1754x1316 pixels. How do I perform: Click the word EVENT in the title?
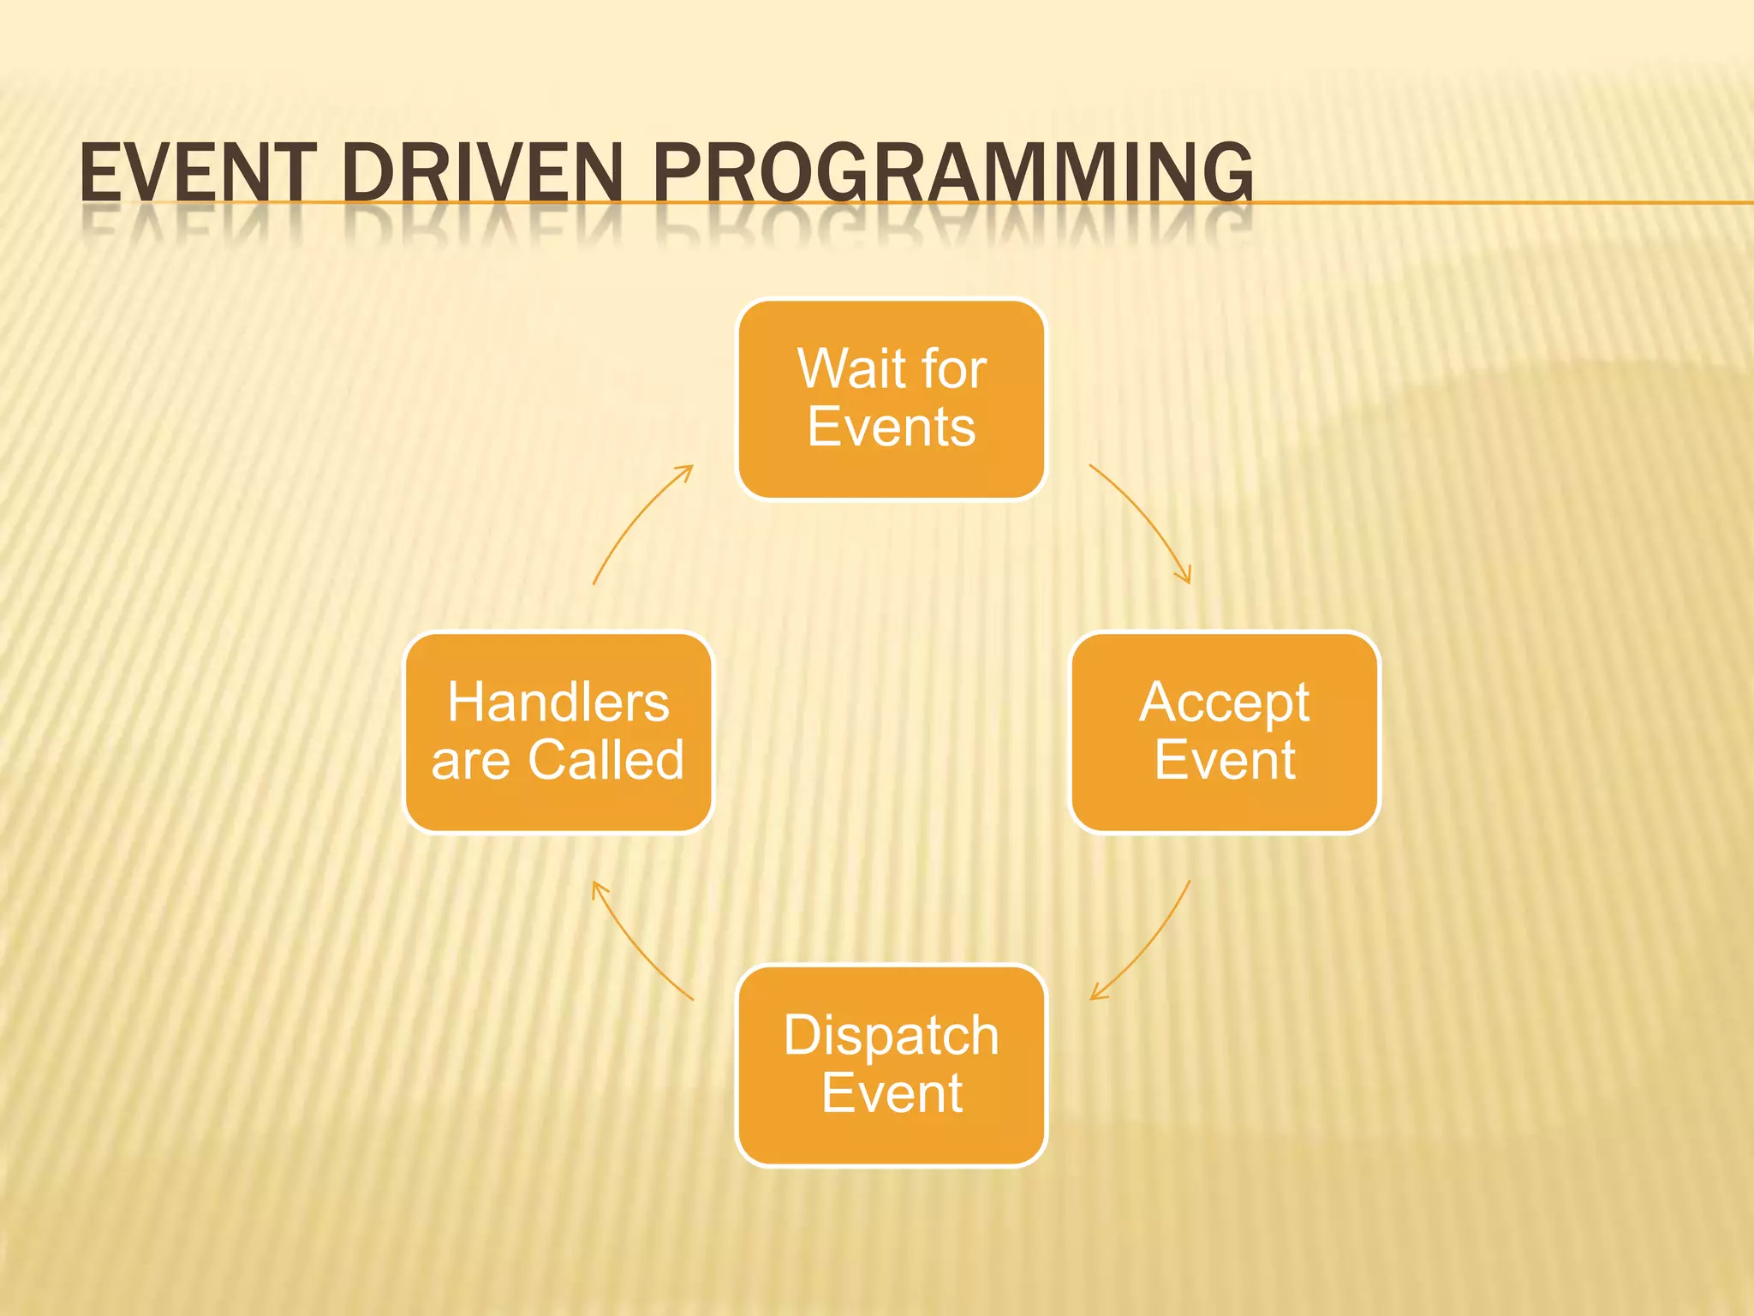197,174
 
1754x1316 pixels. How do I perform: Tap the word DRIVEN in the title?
482,174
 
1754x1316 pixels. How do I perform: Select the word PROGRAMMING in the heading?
952,174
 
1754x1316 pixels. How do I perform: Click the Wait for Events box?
891,398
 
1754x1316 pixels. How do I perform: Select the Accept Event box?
1225,733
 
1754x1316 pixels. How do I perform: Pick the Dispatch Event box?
891,1065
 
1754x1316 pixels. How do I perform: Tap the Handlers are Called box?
558,733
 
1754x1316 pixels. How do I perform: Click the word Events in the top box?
891,427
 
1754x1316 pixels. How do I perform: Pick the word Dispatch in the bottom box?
891,1037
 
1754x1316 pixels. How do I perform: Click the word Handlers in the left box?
558,703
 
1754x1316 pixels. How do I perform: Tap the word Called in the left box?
606,760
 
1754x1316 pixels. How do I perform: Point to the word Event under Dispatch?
891,1093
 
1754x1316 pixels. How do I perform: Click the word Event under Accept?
1225,760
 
